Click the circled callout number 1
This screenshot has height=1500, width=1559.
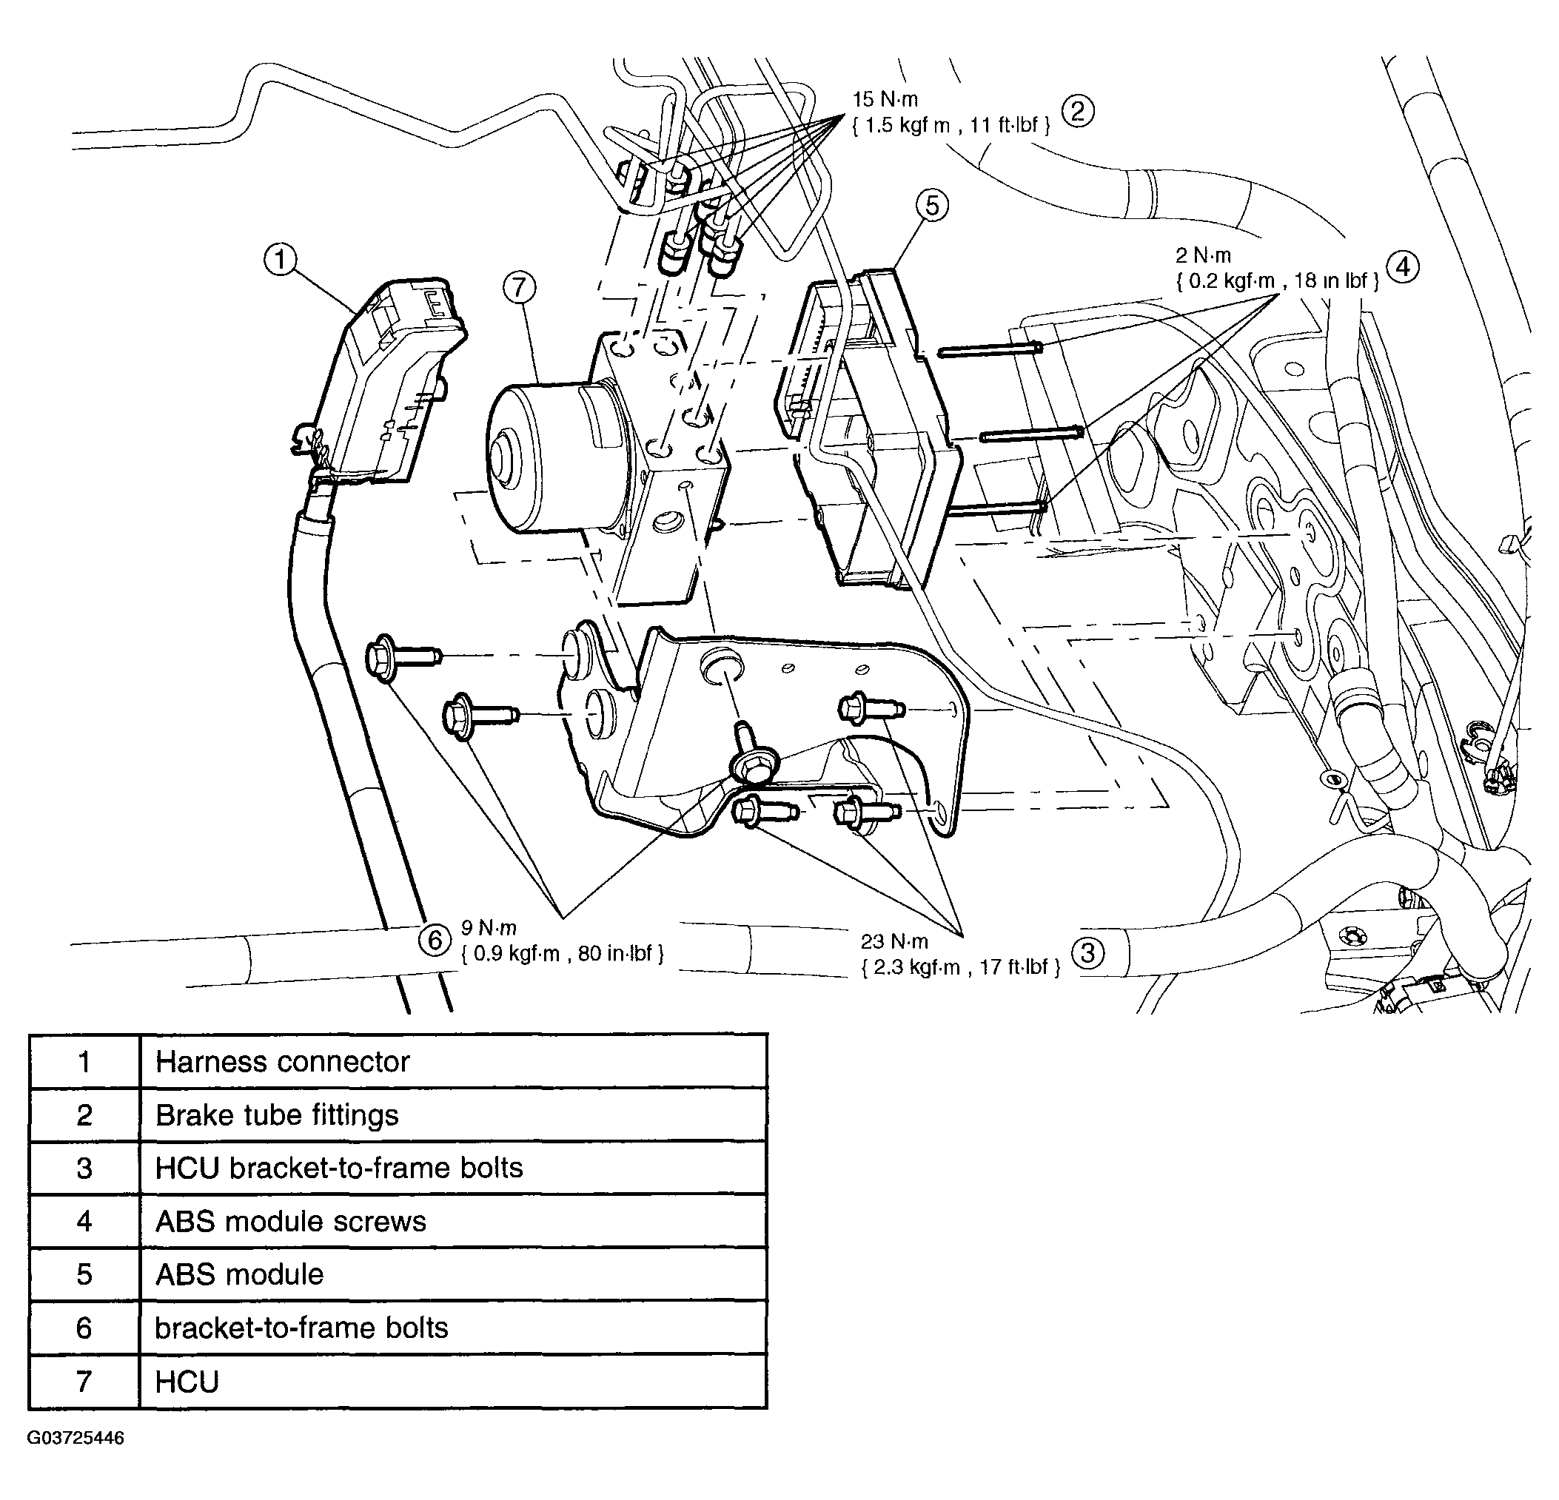[279, 259]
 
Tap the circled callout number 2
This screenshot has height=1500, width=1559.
[1078, 111]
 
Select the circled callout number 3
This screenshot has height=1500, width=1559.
[1089, 953]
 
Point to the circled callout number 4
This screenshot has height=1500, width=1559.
[1403, 266]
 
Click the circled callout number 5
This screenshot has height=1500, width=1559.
[932, 206]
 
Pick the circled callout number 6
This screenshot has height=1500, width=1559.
[435, 941]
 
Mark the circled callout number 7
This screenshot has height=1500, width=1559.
[520, 287]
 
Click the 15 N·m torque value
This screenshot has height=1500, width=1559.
[885, 99]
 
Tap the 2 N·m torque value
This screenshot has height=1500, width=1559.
[1203, 255]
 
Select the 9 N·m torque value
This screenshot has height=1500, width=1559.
[489, 927]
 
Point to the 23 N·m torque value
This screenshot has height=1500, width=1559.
[894, 942]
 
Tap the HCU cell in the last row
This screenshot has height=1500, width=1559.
[453, 1382]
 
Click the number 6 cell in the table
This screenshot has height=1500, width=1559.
[84, 1328]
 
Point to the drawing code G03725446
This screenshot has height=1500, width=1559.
[76, 1438]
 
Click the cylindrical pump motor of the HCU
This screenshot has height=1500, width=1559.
[549, 455]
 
